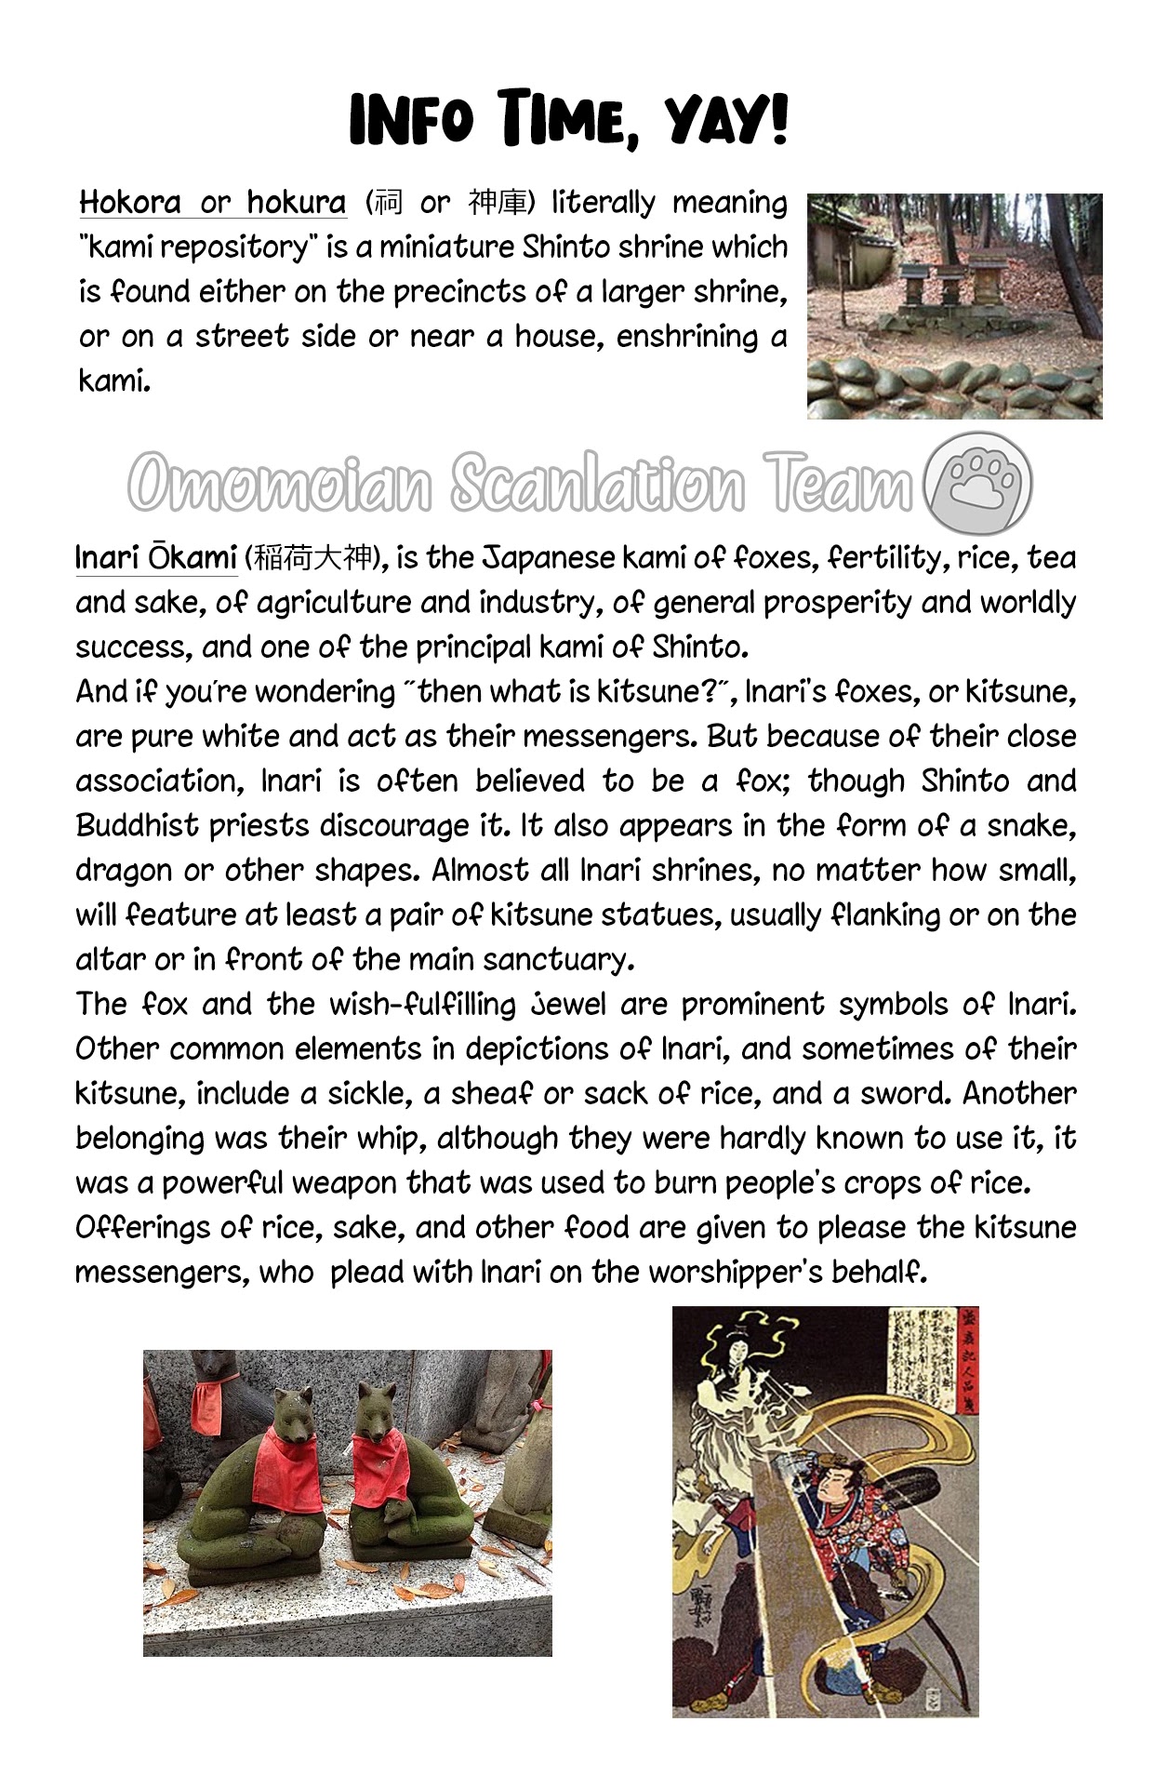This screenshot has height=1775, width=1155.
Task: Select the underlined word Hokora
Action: (x=130, y=202)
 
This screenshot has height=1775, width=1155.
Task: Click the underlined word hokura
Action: (x=296, y=202)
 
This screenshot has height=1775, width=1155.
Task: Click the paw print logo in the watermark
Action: (x=979, y=484)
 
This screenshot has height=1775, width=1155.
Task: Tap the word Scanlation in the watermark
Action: (x=598, y=484)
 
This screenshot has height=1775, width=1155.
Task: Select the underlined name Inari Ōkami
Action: (x=156, y=557)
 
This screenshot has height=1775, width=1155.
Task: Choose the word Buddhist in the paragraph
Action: (x=137, y=825)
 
